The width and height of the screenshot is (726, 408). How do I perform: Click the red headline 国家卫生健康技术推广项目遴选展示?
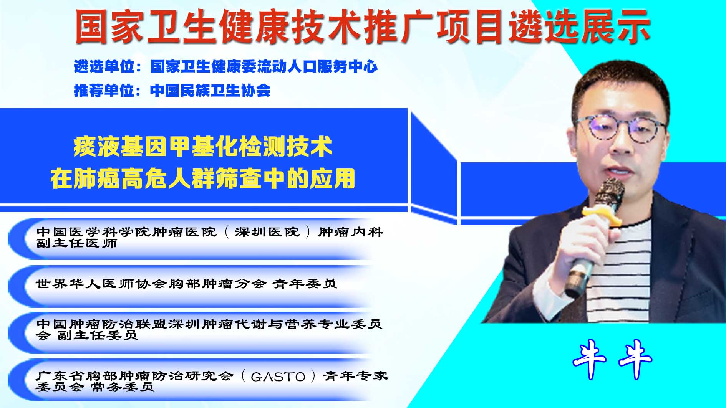(363, 26)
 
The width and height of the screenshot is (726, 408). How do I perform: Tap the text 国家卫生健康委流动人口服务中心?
(264, 67)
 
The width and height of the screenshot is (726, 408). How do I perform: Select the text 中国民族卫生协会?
(211, 91)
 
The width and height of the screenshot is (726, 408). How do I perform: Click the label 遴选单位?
(104, 67)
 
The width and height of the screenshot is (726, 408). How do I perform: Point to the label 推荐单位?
(104, 91)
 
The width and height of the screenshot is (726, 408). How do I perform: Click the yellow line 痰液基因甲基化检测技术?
(203, 147)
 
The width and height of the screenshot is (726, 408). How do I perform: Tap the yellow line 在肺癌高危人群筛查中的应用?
(203, 178)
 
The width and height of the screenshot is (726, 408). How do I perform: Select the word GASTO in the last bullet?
(278, 377)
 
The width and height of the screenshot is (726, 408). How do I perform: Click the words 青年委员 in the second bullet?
(305, 284)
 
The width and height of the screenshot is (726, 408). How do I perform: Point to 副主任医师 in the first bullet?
(77, 243)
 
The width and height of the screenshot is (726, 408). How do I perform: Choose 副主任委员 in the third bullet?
(98, 335)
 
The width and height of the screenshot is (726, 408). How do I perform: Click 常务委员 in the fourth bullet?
(123, 387)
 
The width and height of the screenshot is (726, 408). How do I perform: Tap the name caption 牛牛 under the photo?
(612, 359)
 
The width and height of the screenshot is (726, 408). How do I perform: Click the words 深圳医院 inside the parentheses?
(267, 232)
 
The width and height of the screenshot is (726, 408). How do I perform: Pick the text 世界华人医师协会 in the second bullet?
(101, 284)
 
